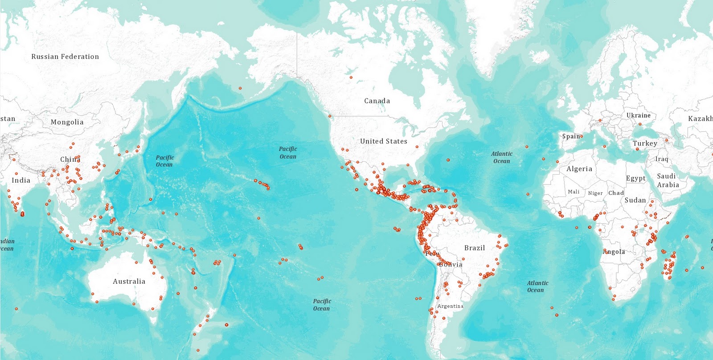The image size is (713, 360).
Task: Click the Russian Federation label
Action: point(65,57)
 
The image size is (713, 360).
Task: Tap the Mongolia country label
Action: point(67,122)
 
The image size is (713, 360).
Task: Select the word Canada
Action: point(377,101)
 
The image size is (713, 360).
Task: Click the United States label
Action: point(384,141)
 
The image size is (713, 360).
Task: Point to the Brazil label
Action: point(475,248)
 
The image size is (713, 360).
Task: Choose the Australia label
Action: point(129,282)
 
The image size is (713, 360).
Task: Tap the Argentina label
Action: point(451,306)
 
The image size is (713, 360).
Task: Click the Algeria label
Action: point(579,169)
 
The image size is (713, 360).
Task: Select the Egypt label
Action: point(635,178)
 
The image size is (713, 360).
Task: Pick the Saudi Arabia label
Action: point(667,180)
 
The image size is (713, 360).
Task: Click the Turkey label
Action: point(645,143)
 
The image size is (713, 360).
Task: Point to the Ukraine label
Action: point(639,115)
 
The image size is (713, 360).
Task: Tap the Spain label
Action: point(571,136)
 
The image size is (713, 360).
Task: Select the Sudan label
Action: point(635,200)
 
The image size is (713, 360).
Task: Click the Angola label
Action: point(614,252)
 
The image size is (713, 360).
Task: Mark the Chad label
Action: point(616,193)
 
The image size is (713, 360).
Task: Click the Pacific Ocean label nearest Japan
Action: point(164,161)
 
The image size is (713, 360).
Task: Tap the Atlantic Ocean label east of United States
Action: point(502,157)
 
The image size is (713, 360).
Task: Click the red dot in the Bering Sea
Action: point(240,88)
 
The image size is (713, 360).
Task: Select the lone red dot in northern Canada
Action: point(351,78)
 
